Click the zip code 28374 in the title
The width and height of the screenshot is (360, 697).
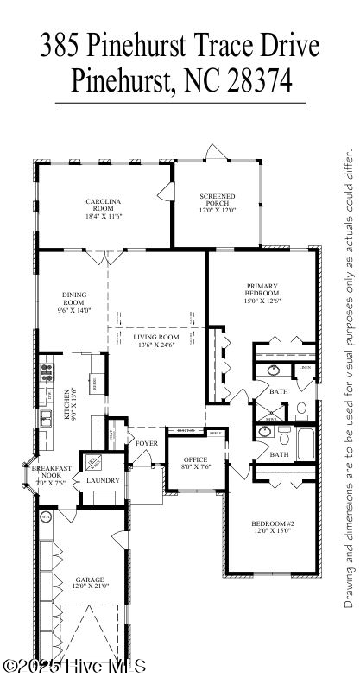[260, 81]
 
